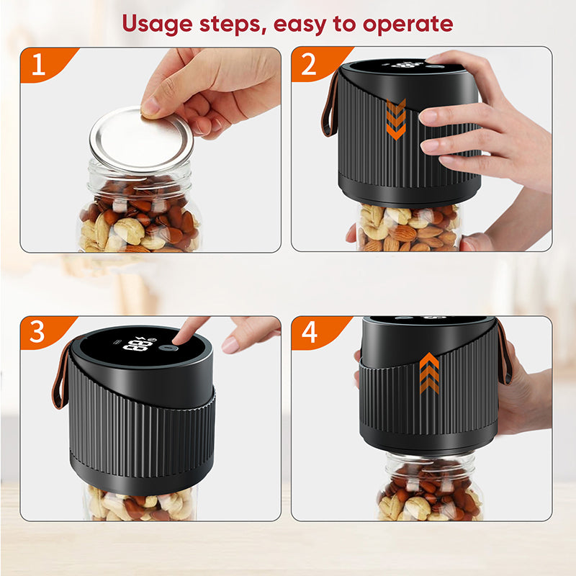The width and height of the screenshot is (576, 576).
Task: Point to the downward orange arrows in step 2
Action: pos(396,119)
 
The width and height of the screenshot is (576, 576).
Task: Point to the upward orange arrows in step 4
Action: pos(429,373)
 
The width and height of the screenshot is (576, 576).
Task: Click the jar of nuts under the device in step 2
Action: pos(408,227)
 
